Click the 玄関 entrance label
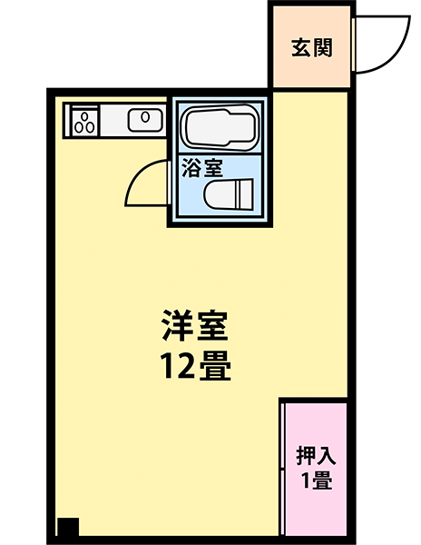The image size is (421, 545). [312, 48]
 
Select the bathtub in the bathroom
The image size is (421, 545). [220, 127]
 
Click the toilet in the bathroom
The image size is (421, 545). [229, 194]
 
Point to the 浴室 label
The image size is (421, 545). [202, 168]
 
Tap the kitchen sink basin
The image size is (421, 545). [145, 120]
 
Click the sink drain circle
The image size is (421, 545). [145, 117]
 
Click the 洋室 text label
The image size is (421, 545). [195, 325]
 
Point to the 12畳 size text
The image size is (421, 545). [195, 365]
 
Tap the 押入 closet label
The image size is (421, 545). [316, 456]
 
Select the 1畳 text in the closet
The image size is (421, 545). [317, 481]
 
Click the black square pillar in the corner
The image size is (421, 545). [68, 527]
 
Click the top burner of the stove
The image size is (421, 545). [85, 116]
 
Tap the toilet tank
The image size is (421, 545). [244, 194]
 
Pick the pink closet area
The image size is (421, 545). [316, 470]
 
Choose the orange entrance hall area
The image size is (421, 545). [311, 46]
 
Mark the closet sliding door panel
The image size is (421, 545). [283, 470]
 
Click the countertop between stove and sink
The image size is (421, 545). [113, 121]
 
